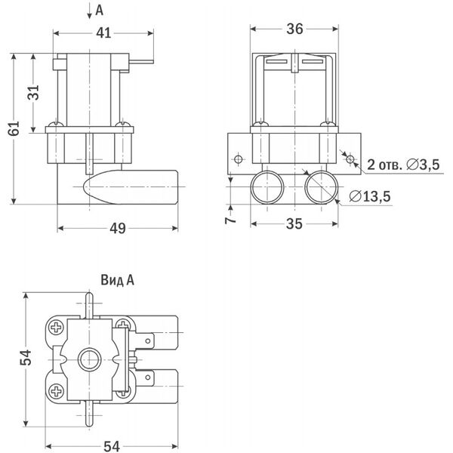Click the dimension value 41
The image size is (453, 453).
coord(103,33)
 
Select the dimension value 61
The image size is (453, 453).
coord(14,128)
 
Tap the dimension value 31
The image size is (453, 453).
coord(33,92)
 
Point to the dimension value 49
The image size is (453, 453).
coord(118,229)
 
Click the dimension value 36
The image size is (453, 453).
coord(294,29)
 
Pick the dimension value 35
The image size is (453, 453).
coord(294,224)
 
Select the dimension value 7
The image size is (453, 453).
coord(230,220)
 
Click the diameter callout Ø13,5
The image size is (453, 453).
coord(370,196)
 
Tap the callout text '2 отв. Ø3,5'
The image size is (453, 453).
coord(403,165)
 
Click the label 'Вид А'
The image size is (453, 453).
coord(117,280)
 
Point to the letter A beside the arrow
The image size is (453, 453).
coord(99,11)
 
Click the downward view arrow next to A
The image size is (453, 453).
coord(90,11)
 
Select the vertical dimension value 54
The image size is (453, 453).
coord(26,357)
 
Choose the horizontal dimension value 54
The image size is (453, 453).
coord(112,446)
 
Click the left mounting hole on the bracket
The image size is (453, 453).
coord(239,159)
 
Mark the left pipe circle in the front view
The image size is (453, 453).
coord(267,187)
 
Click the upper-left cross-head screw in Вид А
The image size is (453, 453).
coord(57,328)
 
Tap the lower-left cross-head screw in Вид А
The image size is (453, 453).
coord(57,391)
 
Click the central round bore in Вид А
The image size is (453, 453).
coord(90,359)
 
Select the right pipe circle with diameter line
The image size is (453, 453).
coord(322,187)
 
